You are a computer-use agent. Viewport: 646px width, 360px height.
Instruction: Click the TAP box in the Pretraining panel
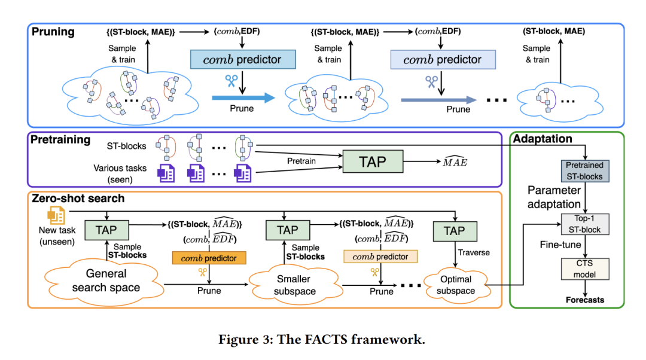pos(372,161)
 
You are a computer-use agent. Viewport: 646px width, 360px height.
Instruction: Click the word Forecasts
pos(584,300)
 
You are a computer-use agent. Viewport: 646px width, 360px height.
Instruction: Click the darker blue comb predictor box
pos(243,60)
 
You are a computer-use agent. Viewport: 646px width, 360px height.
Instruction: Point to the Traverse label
pos(474,252)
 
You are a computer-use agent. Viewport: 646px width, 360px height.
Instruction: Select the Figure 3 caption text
pos(322,340)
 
